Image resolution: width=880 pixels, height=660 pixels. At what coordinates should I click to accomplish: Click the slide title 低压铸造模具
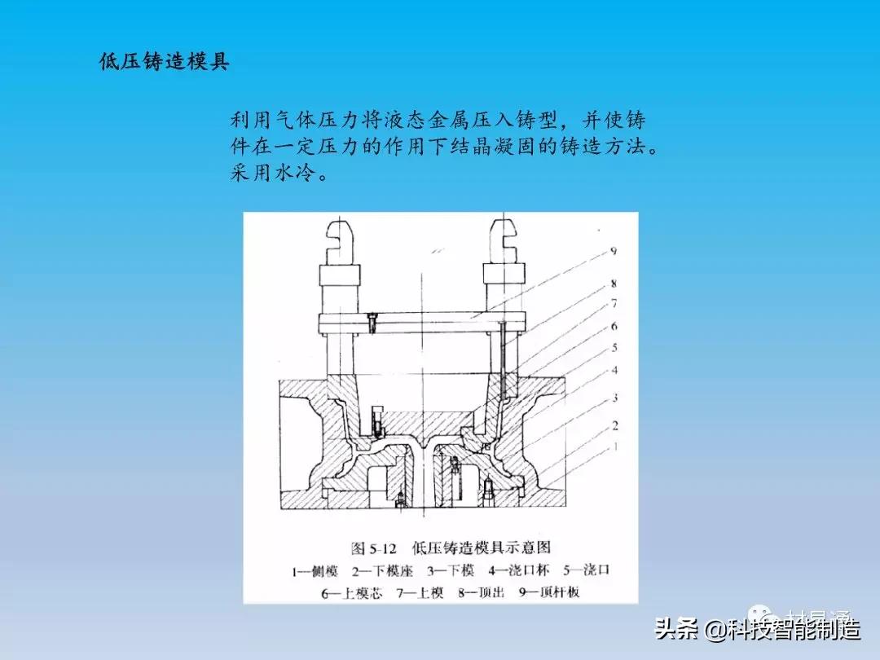[x=165, y=63]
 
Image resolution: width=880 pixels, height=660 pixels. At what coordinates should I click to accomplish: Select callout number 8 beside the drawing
[x=613, y=286]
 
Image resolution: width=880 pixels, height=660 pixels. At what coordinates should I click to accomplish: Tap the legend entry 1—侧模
[x=314, y=570]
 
